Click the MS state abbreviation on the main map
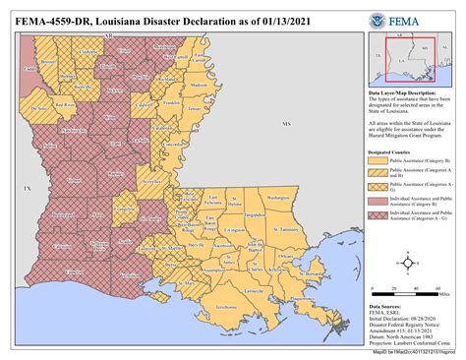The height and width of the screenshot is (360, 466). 287,125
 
